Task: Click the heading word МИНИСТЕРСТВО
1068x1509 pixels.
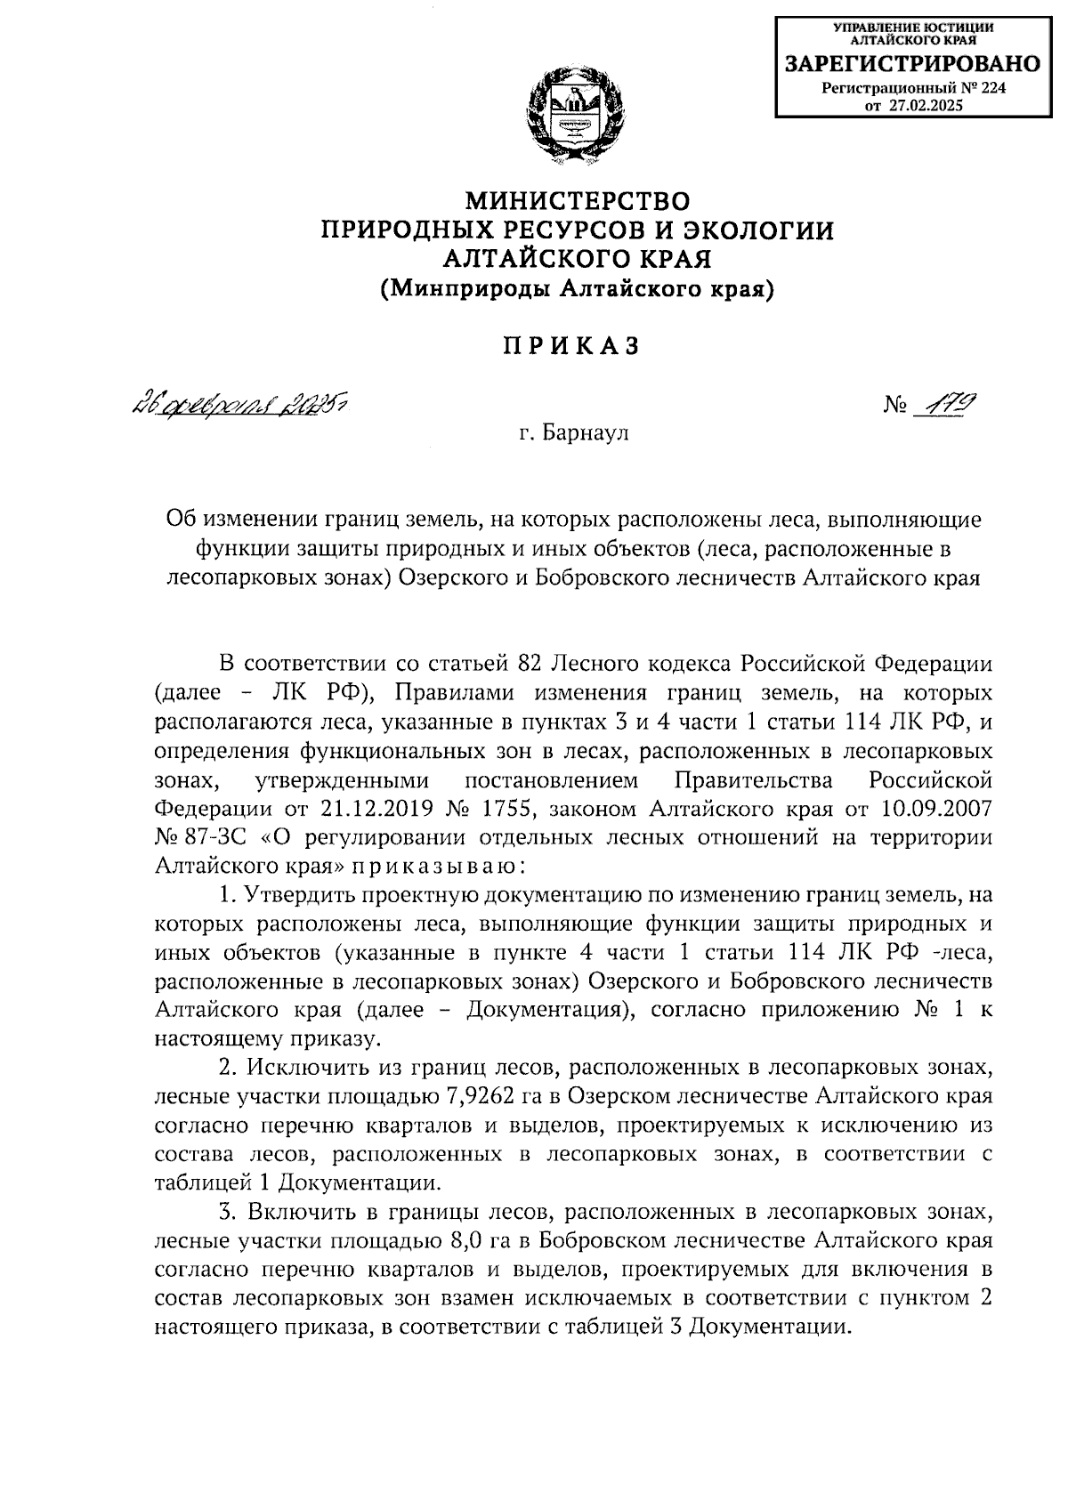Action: (578, 199)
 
